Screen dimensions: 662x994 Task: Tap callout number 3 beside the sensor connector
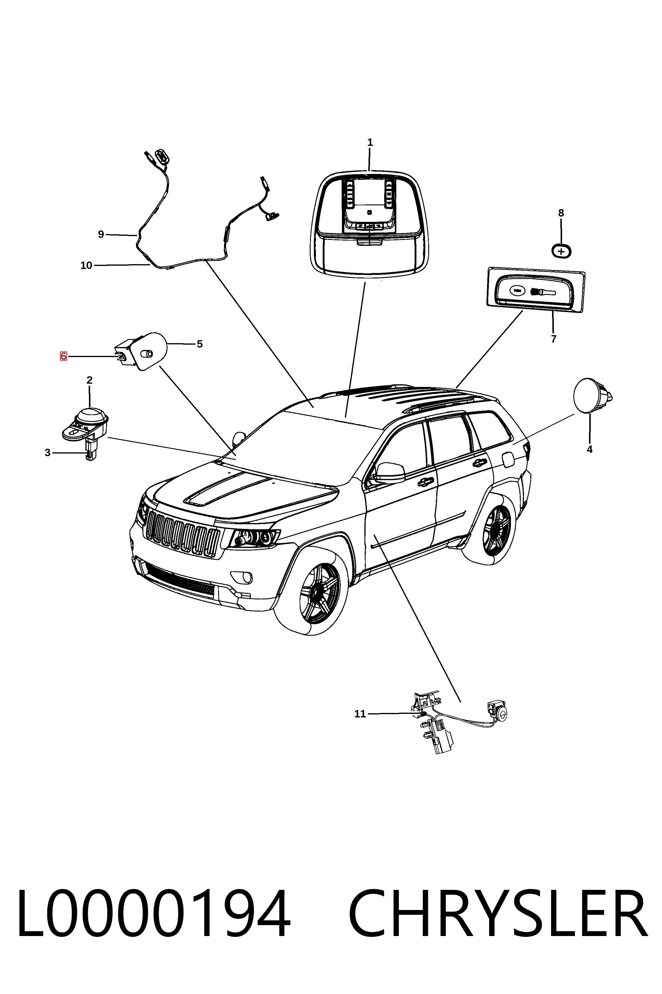(x=48, y=453)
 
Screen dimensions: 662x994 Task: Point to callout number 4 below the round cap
(x=590, y=450)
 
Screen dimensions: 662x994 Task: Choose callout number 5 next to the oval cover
(x=200, y=344)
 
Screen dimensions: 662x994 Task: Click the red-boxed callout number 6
(x=63, y=356)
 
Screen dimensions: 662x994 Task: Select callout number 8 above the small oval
(x=561, y=213)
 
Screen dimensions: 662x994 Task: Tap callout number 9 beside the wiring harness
(x=101, y=234)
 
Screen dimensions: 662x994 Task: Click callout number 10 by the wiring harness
(x=86, y=265)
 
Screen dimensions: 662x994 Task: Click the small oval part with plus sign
(x=562, y=251)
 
